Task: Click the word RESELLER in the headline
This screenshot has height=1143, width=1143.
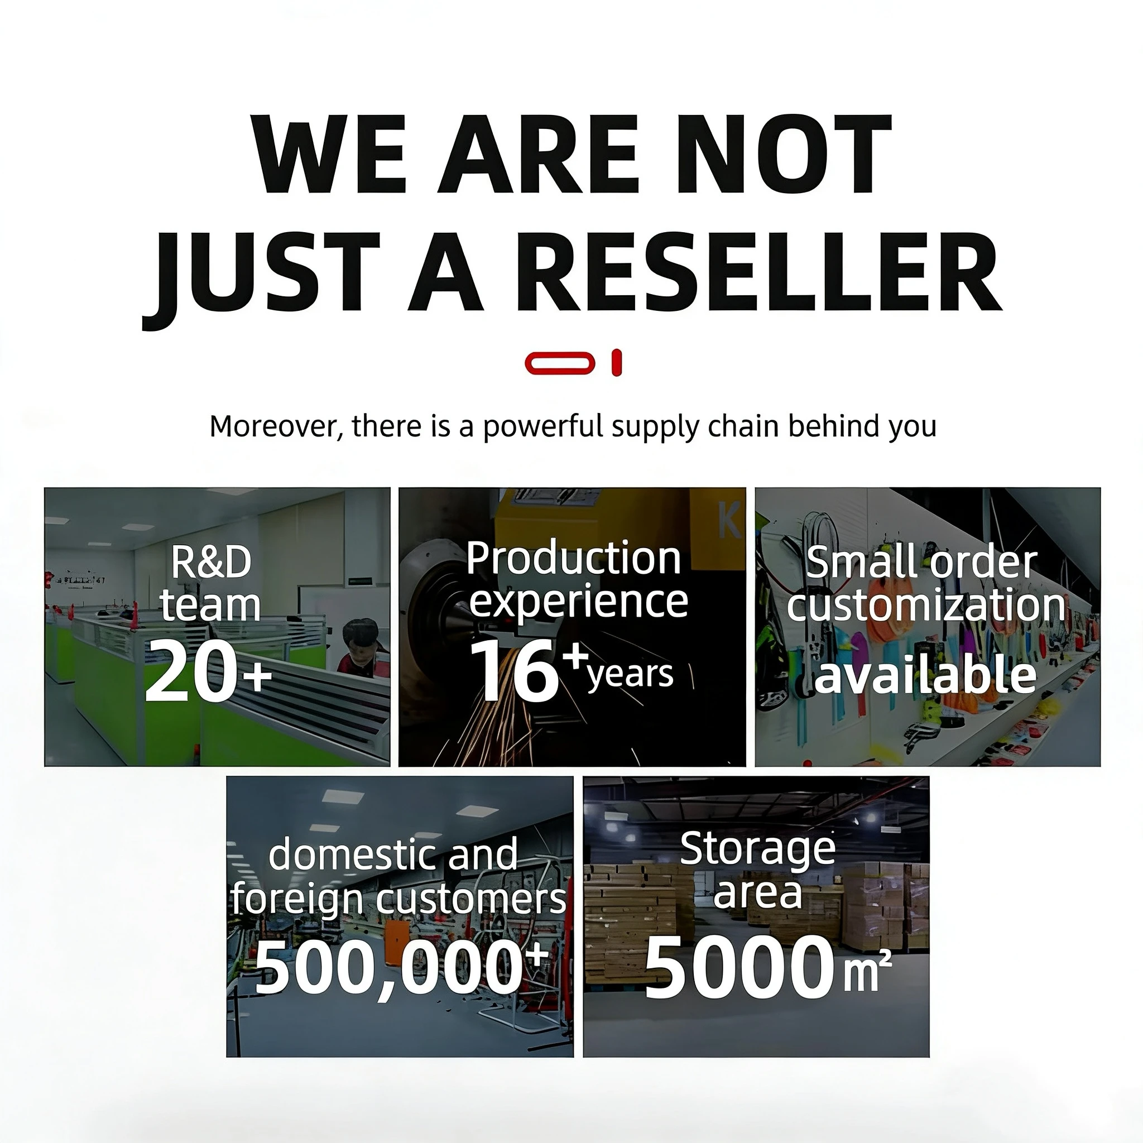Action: click(761, 272)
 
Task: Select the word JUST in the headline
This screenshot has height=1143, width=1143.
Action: click(262, 278)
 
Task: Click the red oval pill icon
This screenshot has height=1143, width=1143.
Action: click(560, 363)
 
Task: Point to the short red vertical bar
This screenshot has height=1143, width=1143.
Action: click(617, 363)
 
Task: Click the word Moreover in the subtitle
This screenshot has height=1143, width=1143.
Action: click(276, 426)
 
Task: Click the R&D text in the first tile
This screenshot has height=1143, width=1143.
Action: click(211, 563)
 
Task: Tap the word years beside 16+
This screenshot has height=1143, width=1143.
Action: click(631, 675)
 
